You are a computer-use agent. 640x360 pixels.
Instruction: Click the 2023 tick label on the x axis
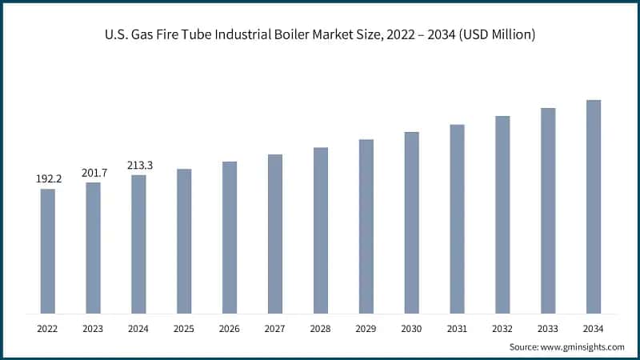click(94, 329)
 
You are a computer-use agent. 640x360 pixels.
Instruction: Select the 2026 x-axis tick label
click(230, 329)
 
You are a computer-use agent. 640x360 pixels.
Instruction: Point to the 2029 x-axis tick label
click(366, 329)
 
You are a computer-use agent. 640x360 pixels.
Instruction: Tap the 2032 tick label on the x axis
click(502, 329)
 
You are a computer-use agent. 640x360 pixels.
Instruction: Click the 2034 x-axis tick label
click(594, 329)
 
